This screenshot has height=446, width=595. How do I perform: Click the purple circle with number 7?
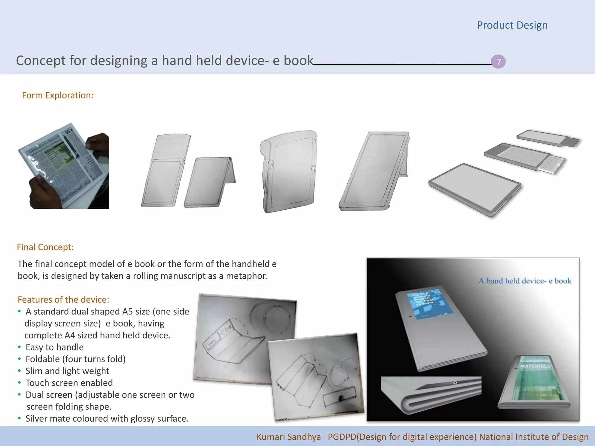click(x=498, y=62)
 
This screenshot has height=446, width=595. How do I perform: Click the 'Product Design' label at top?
click(x=512, y=25)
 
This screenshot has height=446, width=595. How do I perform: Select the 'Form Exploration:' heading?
click(x=58, y=95)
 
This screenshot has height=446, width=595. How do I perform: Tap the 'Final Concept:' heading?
click(x=45, y=247)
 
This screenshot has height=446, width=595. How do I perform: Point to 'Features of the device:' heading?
click(x=63, y=300)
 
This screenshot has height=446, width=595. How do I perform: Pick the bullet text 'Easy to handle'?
click(x=55, y=347)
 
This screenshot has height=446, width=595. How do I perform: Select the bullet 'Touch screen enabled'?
click(x=69, y=383)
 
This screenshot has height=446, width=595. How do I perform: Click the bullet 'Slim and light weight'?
click(x=67, y=371)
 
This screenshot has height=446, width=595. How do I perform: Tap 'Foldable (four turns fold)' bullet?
click(x=76, y=359)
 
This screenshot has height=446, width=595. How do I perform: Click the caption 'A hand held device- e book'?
click(x=525, y=281)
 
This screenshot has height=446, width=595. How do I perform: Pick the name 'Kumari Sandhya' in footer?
click(x=288, y=437)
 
